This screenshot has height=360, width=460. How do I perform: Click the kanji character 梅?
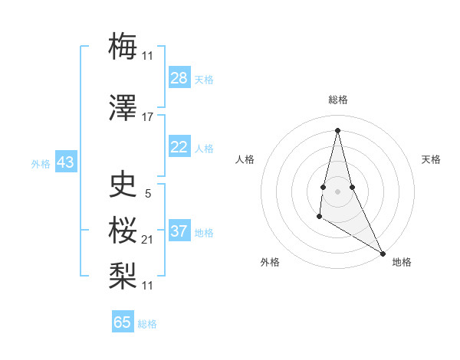(123, 46)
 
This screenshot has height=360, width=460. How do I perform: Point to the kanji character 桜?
(123, 230)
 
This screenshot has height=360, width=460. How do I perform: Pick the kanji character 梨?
(123, 274)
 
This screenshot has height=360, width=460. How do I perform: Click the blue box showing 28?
(179, 78)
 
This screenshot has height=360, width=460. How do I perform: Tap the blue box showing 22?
(179, 147)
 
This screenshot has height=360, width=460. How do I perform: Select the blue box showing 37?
(179, 231)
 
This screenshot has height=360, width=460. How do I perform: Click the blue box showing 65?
(123, 322)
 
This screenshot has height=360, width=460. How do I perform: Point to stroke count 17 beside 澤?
(148, 117)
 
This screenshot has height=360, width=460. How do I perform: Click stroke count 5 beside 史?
(148, 194)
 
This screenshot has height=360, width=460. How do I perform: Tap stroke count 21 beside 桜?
(148, 240)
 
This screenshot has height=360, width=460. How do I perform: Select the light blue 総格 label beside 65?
(147, 324)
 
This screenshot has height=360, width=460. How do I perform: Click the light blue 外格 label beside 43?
(41, 164)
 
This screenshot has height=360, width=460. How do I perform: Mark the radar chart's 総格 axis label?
(338, 100)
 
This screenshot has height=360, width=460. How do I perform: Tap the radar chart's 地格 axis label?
(402, 262)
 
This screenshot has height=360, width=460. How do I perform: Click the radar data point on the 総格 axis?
(338, 129)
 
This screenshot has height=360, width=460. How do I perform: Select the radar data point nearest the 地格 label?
(383, 253)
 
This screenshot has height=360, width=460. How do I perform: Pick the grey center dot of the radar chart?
(338, 190)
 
